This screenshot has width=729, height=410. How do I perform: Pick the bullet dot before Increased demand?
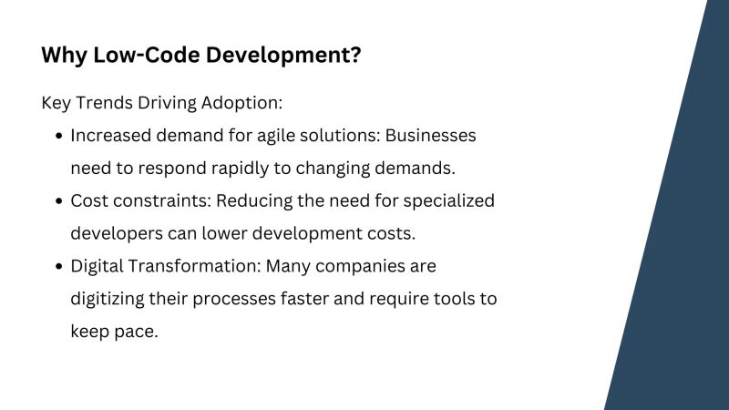tap(59, 136)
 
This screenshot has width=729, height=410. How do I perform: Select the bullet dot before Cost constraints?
tap(59, 200)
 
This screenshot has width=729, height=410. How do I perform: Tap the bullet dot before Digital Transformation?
tap(59, 266)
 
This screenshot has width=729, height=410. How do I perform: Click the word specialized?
tap(449, 200)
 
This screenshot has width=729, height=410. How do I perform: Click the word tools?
tap(453, 299)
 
